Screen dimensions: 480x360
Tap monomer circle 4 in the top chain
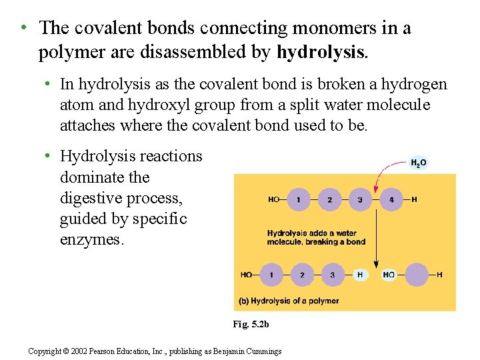[x=391, y=199]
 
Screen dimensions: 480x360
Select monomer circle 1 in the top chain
[x=299, y=199]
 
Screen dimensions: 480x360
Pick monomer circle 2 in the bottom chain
[x=302, y=275]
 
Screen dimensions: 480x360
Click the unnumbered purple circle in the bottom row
[x=417, y=275]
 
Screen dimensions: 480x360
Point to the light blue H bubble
[x=361, y=275]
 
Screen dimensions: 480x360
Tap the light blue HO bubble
[x=389, y=275]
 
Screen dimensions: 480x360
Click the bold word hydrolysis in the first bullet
[x=321, y=52]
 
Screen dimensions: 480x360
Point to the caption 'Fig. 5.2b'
[x=251, y=324]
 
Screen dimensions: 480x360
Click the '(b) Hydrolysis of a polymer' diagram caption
[x=289, y=301]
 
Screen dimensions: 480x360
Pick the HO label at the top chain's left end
[x=273, y=199]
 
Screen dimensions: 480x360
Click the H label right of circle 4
[x=414, y=199]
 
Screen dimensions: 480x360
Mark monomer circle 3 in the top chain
[x=360, y=199]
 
